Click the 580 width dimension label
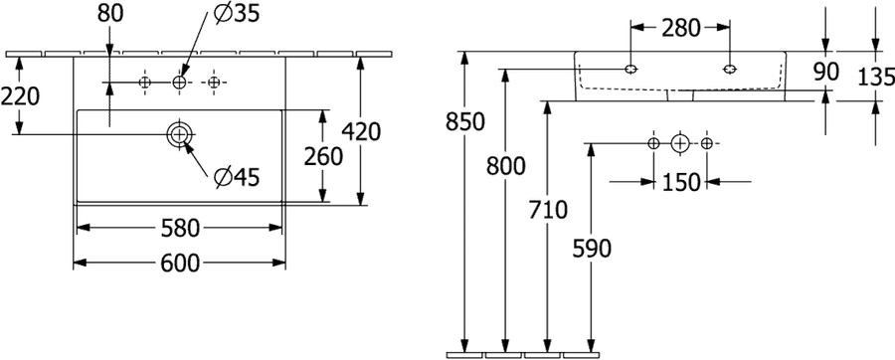[180, 228]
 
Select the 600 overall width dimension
[180, 263]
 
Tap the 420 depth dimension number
[361, 132]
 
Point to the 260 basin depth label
[323, 156]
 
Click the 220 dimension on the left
[20, 96]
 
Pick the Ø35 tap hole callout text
[237, 14]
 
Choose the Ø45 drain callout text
[237, 178]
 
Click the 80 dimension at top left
[110, 14]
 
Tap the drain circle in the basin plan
[180, 134]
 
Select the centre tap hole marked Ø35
[180, 83]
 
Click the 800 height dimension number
[506, 166]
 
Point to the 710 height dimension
[548, 211]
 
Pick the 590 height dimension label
[592, 249]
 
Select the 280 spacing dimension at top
[680, 28]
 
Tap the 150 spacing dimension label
[680, 183]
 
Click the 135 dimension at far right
[877, 77]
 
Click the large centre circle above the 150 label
[679, 142]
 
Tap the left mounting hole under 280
[630, 69]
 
